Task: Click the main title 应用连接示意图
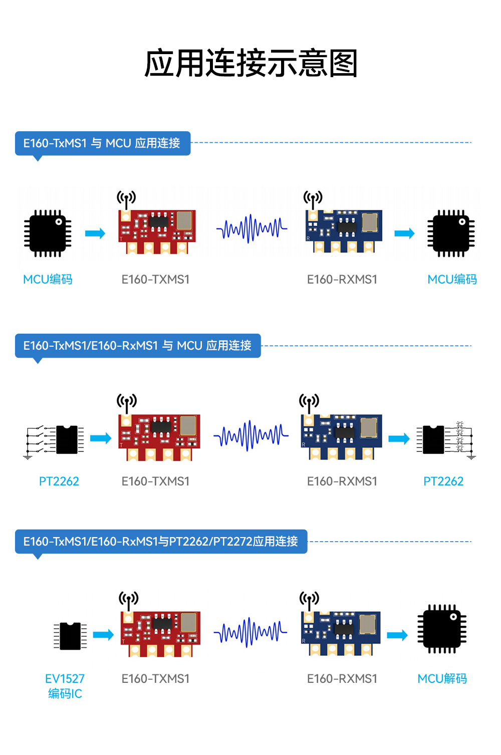[250, 64]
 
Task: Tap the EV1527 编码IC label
[65, 686]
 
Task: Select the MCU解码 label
[442, 678]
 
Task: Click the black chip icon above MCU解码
[442, 629]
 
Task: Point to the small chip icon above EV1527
[70, 635]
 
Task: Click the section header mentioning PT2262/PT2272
[161, 542]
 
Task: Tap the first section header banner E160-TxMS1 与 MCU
[102, 143]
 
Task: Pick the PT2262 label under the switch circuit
[59, 481]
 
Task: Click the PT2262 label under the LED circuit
[443, 481]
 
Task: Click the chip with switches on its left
[66, 439]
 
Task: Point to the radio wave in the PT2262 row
[251, 436]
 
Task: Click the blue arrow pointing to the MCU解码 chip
[397, 635]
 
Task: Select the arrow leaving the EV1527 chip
[103, 635]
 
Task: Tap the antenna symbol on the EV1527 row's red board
[128, 599]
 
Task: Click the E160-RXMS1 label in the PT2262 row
[342, 481]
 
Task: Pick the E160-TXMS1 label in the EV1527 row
[155, 679]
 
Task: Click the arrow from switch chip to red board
[101, 439]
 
